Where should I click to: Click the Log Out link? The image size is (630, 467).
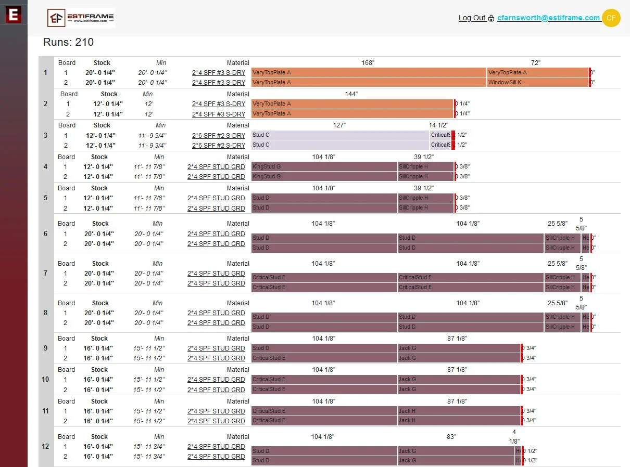472,18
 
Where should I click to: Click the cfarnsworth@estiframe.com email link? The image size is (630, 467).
548,18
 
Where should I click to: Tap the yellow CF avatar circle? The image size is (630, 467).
611,18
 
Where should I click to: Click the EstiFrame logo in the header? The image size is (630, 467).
81,18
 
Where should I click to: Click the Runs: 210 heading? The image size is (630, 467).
68,42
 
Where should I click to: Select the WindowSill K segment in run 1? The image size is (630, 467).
537,82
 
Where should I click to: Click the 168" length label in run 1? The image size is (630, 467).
368,62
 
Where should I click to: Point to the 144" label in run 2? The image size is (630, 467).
351,94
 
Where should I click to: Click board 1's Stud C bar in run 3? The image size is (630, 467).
340,135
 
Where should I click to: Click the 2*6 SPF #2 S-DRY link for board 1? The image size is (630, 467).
219,135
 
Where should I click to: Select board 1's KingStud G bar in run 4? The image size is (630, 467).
324,167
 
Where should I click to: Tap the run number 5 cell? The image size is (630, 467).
46,198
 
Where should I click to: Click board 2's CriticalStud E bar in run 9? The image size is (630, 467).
324,358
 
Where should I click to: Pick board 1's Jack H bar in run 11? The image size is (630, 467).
459,411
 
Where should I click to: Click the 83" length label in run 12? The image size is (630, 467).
451,437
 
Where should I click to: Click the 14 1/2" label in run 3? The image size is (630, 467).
438,125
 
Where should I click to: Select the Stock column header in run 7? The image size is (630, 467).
100,263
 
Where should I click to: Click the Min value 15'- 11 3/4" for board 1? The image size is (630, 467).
149,446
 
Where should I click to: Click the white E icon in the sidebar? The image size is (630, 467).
14,14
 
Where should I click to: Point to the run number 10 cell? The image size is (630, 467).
46,379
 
